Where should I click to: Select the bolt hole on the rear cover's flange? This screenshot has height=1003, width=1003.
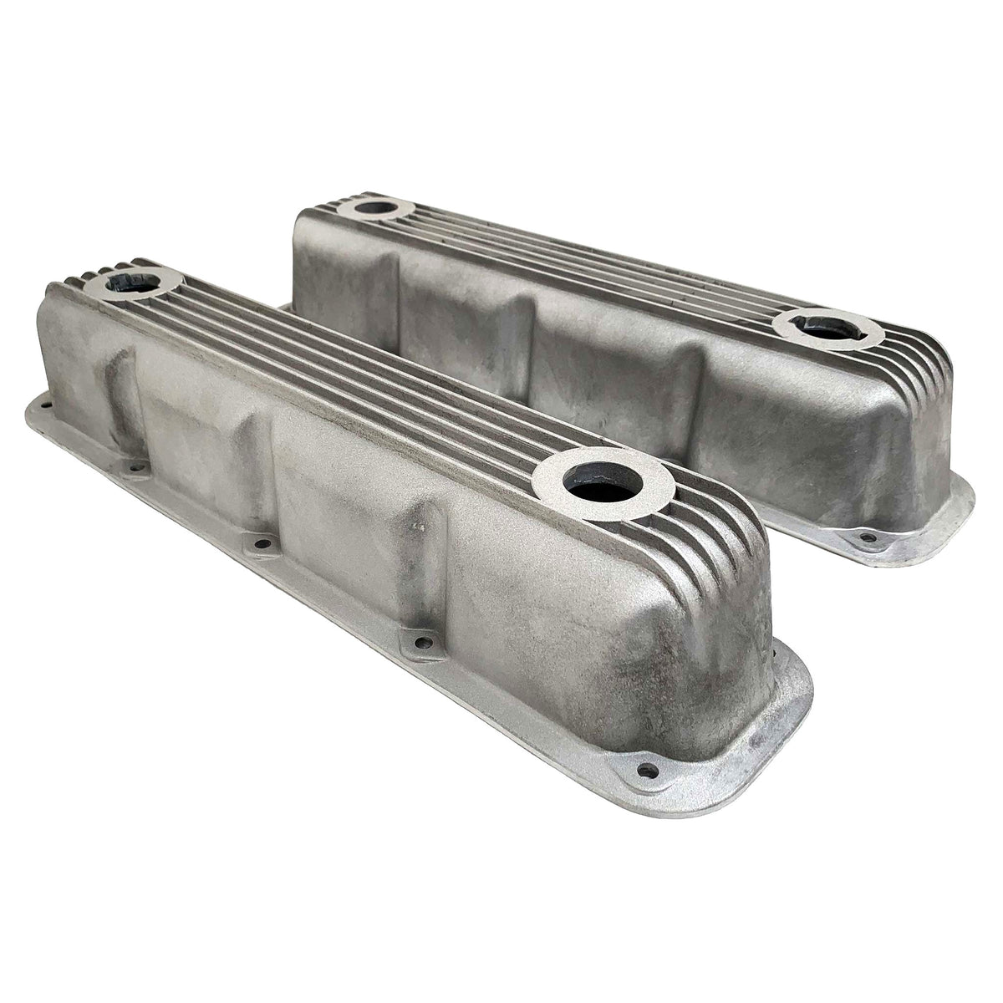pos(867,537)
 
